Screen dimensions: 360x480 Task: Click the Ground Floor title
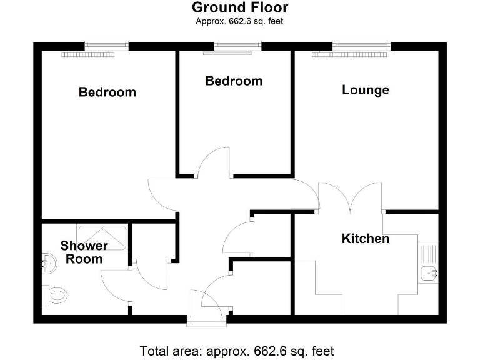tap(240, 7)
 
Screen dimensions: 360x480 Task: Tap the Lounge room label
tap(366, 90)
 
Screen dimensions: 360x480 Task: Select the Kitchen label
tap(366, 239)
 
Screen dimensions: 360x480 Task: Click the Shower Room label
tap(84, 252)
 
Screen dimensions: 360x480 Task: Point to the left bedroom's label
tap(107, 92)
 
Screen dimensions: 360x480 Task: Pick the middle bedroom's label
tap(234, 81)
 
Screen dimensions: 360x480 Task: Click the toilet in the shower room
tap(54, 294)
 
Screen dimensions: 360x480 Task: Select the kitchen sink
tap(429, 272)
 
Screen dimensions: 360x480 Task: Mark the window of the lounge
tap(361, 45)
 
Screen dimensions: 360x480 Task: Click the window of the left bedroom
tap(106, 45)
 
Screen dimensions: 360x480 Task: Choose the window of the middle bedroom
tap(237, 45)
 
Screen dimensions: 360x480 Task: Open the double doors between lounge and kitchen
tap(350, 197)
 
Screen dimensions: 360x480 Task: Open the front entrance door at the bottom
tap(207, 307)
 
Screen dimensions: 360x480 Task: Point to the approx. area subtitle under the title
tap(240, 21)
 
